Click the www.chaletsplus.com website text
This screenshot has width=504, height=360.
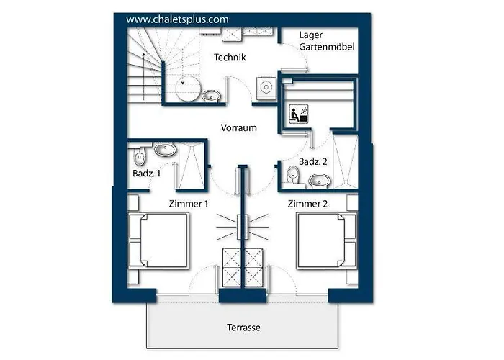pos(177,19)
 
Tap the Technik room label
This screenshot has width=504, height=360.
pos(230,58)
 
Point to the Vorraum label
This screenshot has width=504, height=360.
pos(239,128)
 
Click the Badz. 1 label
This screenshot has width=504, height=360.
pos(147,174)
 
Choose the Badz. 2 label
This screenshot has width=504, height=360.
pos(313,162)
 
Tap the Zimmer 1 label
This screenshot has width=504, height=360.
pos(189,204)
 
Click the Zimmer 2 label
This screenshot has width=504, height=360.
pos(308,204)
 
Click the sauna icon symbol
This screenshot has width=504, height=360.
pos(297,114)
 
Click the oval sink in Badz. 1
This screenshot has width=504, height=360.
pos(166,150)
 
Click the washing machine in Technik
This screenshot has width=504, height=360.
pos(266,86)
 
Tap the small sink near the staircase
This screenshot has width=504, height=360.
pos(212,95)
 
